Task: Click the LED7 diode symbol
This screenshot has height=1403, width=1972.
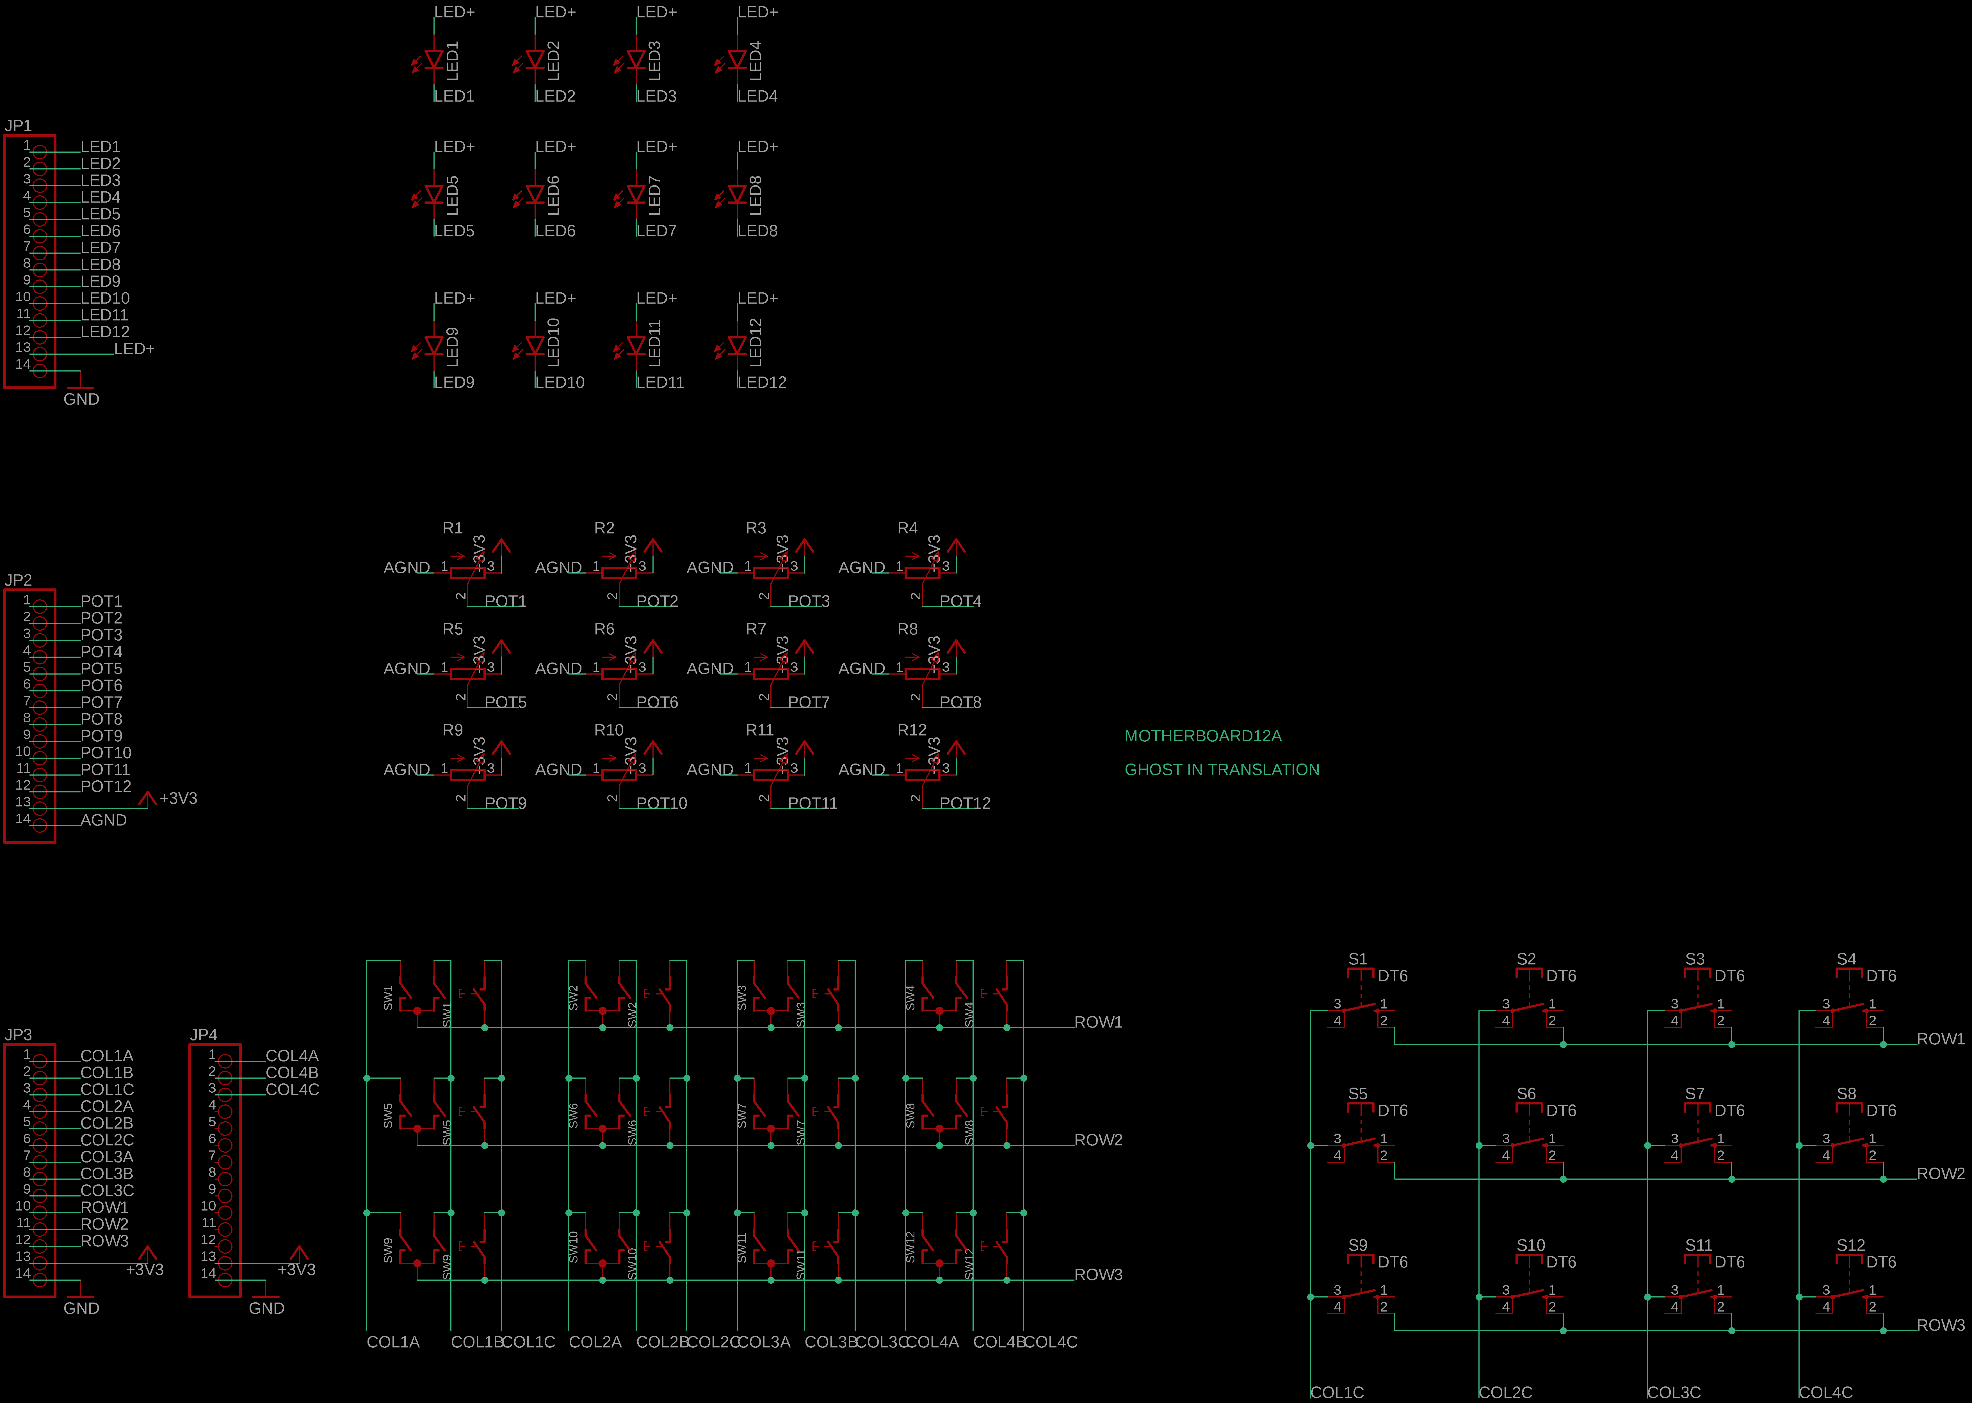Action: pos(636,194)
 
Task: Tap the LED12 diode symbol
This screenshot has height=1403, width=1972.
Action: pos(737,346)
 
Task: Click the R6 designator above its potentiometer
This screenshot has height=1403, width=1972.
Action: pos(604,629)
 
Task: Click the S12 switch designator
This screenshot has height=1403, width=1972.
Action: pos(1850,1245)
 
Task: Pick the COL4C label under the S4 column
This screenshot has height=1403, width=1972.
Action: pos(1825,1393)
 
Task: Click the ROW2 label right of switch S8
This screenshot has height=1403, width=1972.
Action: pos(1940,1174)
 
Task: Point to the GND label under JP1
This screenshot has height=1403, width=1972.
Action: pos(81,399)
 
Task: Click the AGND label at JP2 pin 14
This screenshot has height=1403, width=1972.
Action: pos(104,820)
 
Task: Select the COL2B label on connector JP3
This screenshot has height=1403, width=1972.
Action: pos(106,1123)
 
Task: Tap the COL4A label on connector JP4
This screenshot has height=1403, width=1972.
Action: pos(292,1056)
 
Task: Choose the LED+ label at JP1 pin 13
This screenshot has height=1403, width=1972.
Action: pos(134,349)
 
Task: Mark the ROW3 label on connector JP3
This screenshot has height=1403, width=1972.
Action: pos(104,1241)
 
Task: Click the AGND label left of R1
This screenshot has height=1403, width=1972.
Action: pos(406,568)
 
